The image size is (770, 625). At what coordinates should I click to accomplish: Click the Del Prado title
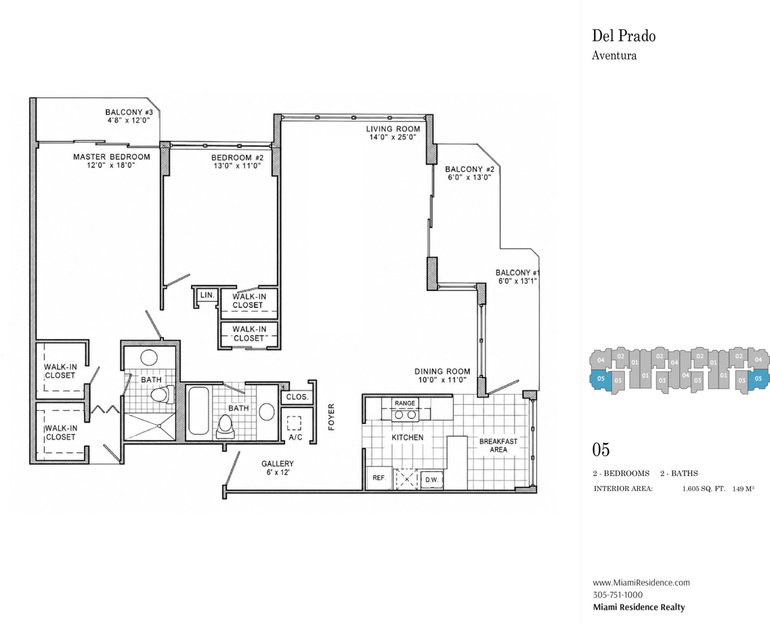(624, 36)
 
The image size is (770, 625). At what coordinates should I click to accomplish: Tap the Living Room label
(393, 129)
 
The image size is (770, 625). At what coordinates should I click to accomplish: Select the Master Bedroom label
(111, 157)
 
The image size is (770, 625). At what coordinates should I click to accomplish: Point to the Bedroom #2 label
(237, 157)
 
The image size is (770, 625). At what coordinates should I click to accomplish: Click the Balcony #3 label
(129, 112)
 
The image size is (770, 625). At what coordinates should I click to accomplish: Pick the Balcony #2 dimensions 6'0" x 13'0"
(470, 178)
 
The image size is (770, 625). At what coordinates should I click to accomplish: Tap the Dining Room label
(442, 371)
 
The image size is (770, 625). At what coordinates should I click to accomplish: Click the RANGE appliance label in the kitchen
(405, 403)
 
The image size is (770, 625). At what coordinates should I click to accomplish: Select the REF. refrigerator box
(379, 478)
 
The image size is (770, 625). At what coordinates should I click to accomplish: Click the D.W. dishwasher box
(432, 480)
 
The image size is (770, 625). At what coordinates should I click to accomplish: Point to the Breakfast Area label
(499, 445)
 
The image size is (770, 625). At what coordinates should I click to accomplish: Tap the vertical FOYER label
(331, 417)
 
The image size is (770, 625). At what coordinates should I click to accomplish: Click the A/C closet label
(295, 438)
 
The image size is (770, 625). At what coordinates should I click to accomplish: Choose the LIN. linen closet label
(208, 295)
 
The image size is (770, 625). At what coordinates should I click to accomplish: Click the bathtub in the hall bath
(199, 411)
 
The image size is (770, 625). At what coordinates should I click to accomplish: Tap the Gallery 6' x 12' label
(277, 468)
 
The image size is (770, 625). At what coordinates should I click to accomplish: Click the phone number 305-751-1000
(618, 594)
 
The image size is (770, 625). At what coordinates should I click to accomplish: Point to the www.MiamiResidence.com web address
(641, 582)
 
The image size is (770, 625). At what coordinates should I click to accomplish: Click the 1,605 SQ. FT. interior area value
(703, 489)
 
